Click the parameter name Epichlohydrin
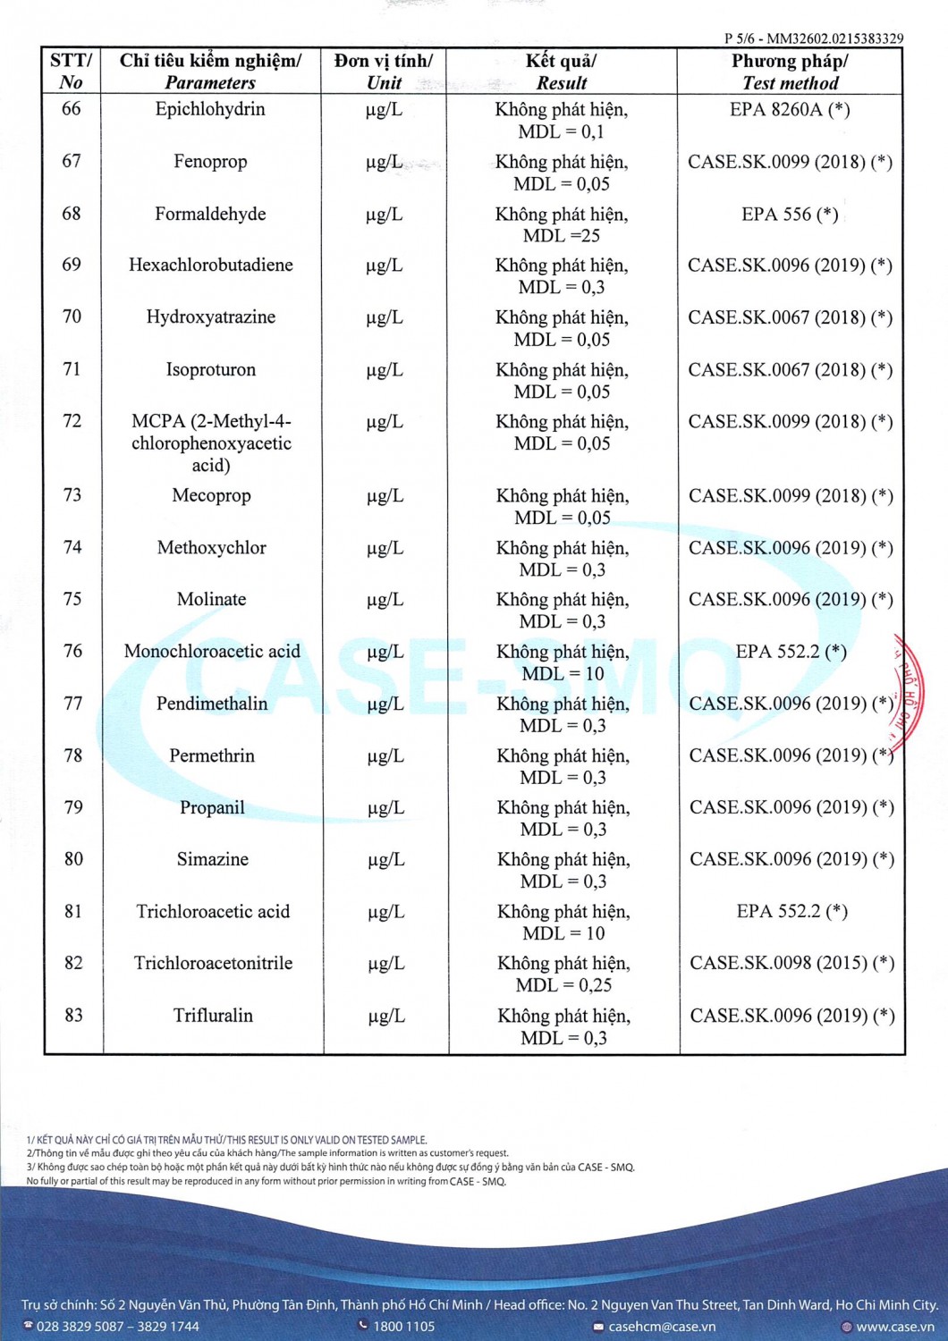(210, 110)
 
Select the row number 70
(72, 316)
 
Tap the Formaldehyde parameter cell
(210, 215)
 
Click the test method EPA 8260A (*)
(790, 110)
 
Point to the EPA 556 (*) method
(790, 215)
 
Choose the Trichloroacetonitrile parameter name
(213, 964)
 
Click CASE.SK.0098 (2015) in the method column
(791, 964)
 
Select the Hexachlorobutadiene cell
(210, 266)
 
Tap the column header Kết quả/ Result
(562, 72)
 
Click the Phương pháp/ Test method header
(790, 72)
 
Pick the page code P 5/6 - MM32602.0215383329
(814, 38)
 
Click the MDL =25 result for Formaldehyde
(562, 236)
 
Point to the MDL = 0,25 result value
(563, 985)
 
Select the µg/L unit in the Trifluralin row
(386, 1016)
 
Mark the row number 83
(73, 1016)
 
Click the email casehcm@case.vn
(662, 1327)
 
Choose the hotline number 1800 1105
(403, 1327)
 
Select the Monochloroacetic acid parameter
(212, 652)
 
